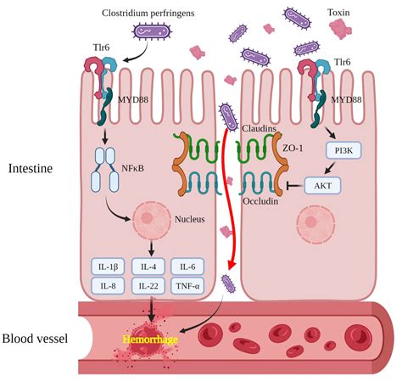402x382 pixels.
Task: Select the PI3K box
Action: pyautogui.click(x=344, y=150)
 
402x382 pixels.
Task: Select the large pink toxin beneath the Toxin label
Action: pyautogui.click(x=342, y=31)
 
